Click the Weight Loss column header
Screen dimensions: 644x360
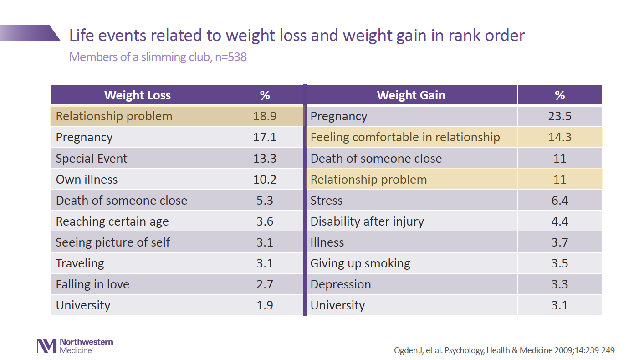[138, 95]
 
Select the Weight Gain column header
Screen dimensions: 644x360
[411, 95]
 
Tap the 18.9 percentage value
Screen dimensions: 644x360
[265, 116]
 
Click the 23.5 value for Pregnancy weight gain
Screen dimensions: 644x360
[560, 116]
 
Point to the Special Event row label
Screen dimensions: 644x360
[92, 159]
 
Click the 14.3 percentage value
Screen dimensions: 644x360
[560, 137]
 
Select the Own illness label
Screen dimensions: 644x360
[87, 180]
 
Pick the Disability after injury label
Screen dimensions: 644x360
[367, 221]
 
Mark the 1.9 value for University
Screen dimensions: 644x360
[265, 305]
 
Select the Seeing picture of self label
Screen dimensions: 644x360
[112, 242]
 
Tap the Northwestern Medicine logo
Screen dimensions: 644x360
[75, 345]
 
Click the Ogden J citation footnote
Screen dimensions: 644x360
[504, 350]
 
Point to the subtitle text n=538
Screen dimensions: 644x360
[231, 57]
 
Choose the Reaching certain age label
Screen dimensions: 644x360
[112, 221]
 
